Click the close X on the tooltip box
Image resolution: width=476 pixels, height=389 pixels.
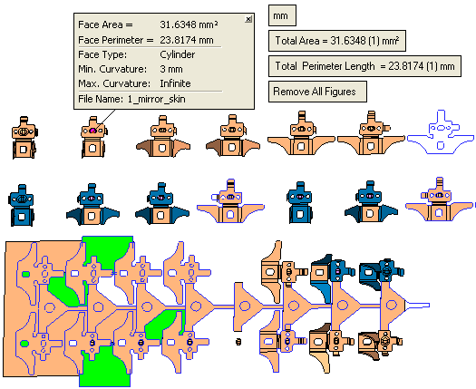[248, 19]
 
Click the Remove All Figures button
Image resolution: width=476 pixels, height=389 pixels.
[317, 92]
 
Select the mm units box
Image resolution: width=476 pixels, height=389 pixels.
[282, 15]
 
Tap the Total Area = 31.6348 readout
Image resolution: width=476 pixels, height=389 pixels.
[337, 41]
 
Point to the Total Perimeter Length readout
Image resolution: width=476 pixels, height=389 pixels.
[364, 66]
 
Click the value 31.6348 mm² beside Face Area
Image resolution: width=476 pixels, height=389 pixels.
[189, 24]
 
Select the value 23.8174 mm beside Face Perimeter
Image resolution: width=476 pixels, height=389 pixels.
[187, 40]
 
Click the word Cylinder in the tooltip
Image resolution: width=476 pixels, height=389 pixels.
[178, 54]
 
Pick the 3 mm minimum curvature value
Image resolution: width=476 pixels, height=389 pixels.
[171, 69]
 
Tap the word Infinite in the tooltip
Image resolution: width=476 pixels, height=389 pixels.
[176, 83]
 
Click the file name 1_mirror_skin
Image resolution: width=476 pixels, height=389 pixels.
[156, 99]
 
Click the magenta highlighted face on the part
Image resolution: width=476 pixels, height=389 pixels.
[92, 131]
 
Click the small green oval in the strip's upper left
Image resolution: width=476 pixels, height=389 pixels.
[25, 275]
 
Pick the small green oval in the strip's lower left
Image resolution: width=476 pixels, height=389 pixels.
[24, 344]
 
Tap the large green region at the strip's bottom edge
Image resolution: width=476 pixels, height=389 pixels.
[105, 369]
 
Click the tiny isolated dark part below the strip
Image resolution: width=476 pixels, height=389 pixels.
[238, 342]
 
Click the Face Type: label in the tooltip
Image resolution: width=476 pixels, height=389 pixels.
[102, 54]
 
